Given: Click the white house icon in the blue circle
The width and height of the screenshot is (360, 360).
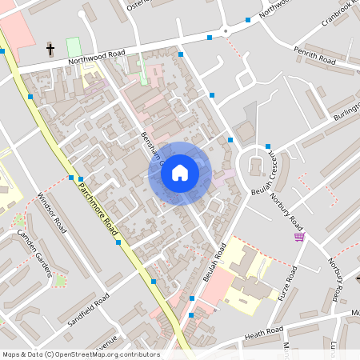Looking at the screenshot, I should [x=180, y=172].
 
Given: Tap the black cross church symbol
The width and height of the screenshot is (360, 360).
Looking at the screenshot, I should [x=50, y=50].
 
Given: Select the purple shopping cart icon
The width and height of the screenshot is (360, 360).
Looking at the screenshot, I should [x=299, y=236].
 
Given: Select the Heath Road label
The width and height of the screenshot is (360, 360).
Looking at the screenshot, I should [x=264, y=332].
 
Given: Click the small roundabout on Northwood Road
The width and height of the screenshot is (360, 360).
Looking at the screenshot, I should [x=226, y=31].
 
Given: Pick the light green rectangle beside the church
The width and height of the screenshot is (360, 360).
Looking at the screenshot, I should [x=74, y=46].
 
